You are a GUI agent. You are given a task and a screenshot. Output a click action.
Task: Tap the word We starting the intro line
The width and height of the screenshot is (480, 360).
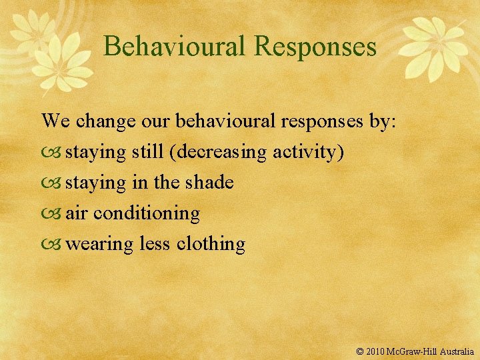pyautogui.click(x=55, y=121)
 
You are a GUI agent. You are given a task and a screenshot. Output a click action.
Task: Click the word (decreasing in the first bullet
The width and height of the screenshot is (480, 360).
pyautogui.click(x=221, y=152)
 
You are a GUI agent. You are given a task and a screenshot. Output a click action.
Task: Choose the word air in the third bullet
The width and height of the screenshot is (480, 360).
pyautogui.click(x=77, y=213)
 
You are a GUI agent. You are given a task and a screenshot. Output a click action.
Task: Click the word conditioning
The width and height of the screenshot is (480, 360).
pyautogui.click(x=147, y=213)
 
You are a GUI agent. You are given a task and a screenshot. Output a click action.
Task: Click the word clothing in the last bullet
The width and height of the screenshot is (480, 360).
pyautogui.click(x=211, y=244)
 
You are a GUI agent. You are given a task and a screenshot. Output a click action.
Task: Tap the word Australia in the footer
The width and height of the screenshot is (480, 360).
pyautogui.click(x=455, y=351)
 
